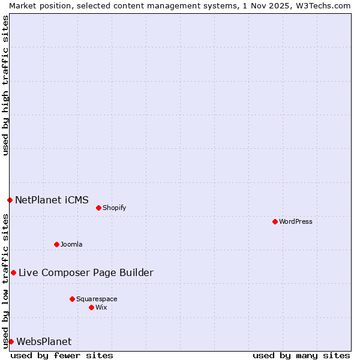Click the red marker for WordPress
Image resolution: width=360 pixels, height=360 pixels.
tap(275, 221)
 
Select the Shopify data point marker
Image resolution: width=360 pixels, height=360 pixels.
tap(98, 208)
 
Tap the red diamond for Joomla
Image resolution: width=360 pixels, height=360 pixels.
tap(56, 244)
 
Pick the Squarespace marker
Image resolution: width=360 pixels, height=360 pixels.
tap(72, 299)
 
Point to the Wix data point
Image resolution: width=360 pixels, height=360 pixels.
tap(91, 307)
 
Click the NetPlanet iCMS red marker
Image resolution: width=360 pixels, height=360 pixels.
tap(10, 200)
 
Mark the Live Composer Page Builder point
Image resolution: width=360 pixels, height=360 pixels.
tap(13, 272)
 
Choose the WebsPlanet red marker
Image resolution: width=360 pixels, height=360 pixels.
tap(11, 341)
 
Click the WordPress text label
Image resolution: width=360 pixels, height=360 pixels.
tap(296, 222)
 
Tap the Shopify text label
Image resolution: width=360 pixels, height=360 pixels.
tap(114, 208)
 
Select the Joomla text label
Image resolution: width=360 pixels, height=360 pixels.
tap(71, 245)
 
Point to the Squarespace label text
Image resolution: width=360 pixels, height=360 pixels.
tap(97, 299)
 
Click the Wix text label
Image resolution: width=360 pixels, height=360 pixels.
tap(101, 308)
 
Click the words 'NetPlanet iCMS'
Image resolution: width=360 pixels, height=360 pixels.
tap(52, 200)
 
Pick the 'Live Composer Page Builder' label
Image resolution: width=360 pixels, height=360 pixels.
tap(86, 273)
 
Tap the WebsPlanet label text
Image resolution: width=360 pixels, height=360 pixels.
tap(44, 342)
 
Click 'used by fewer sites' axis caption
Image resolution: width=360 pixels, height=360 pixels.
tap(62, 356)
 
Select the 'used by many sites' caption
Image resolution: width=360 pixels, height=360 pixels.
tap(301, 356)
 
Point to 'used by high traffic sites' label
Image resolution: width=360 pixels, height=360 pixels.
tap(5, 85)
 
